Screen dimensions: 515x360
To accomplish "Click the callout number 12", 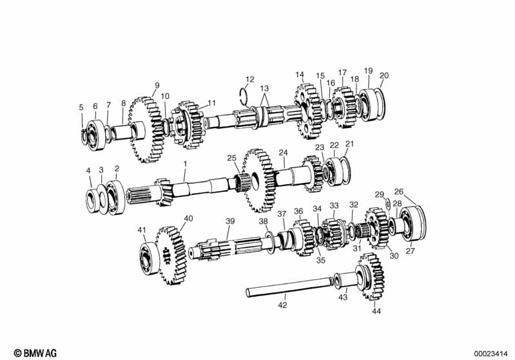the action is tap(249, 79).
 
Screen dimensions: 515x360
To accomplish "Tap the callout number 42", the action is tap(282, 305).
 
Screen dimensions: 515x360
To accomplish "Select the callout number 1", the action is tap(185, 163).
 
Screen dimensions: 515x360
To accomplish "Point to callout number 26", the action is tap(399, 192).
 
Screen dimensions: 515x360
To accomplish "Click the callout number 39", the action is tap(230, 221).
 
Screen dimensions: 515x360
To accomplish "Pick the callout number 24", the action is tap(283, 153).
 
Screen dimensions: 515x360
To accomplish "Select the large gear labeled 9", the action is tap(145, 129).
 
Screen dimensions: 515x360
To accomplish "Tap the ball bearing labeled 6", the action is tap(96, 135).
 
